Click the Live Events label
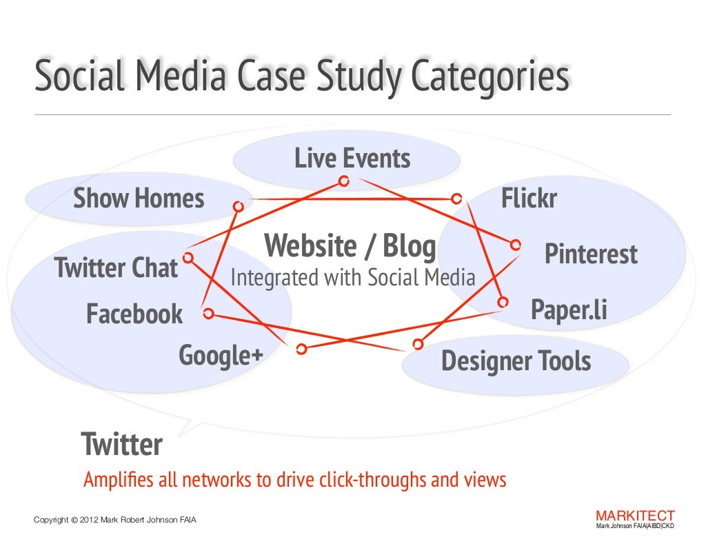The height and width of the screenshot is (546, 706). coord(352,159)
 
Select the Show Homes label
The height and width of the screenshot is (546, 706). coord(139,199)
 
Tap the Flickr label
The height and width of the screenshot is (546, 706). coord(529,199)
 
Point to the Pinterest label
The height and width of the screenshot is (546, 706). coord(591,254)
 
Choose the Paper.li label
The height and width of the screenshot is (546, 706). coord(569,310)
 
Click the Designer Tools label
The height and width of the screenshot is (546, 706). coord(516,361)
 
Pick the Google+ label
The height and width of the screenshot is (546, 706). coord(221,356)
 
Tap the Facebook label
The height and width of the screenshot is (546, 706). coord(134,314)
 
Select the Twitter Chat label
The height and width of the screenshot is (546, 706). coord(116,267)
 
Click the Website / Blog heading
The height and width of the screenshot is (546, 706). coord(350,246)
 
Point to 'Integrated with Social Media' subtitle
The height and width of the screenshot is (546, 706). coord(352,279)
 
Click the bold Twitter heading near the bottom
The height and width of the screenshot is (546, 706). coord(121,445)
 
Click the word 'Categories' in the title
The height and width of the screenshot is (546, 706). coord(490,78)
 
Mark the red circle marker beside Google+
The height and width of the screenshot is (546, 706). coord(301,349)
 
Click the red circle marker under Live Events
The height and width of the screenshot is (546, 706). coord(343,181)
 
